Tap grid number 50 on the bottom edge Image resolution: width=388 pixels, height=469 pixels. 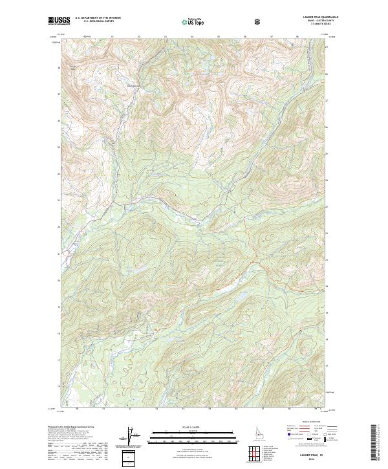[77, 408]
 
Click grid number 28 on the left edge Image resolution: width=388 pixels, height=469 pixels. [59, 67]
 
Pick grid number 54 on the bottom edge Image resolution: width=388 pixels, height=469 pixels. [183, 408]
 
